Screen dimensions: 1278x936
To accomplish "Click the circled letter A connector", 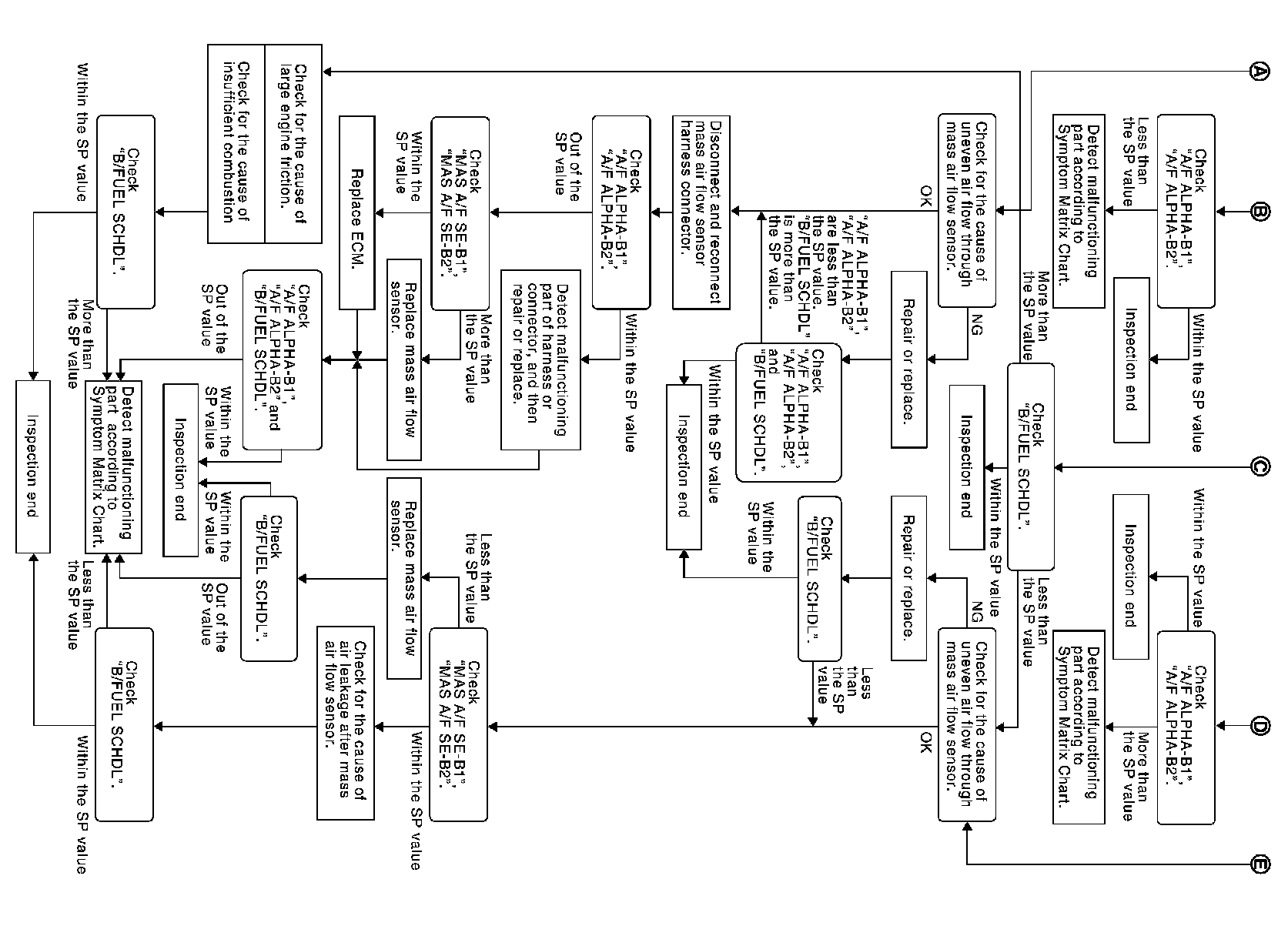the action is pos(1260,71).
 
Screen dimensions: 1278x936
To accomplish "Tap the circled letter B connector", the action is pos(1260,212).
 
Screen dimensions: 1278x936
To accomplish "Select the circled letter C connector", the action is pos(1260,467).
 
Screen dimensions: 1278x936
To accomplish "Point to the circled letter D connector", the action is pos(1260,726).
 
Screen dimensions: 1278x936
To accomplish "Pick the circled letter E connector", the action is pos(1260,864).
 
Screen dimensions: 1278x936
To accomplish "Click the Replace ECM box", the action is pos(357,212).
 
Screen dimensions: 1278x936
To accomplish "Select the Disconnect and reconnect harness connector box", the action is pos(701,212).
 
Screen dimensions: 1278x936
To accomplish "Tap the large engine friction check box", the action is pos(293,144).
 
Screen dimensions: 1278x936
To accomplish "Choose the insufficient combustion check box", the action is pos(236,144).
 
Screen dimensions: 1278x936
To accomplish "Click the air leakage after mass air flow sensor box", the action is pos(346,723).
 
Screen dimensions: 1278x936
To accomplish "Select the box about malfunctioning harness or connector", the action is pos(541,360).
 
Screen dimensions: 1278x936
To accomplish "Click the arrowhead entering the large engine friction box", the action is pos(327,72).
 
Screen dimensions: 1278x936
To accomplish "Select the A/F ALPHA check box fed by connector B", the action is pos(1186,211).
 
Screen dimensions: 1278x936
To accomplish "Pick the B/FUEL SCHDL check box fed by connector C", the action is pos(1031,466).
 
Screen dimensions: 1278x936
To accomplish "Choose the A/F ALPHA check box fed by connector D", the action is pos(1186,727).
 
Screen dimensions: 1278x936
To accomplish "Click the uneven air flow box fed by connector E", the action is pos(967,724).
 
